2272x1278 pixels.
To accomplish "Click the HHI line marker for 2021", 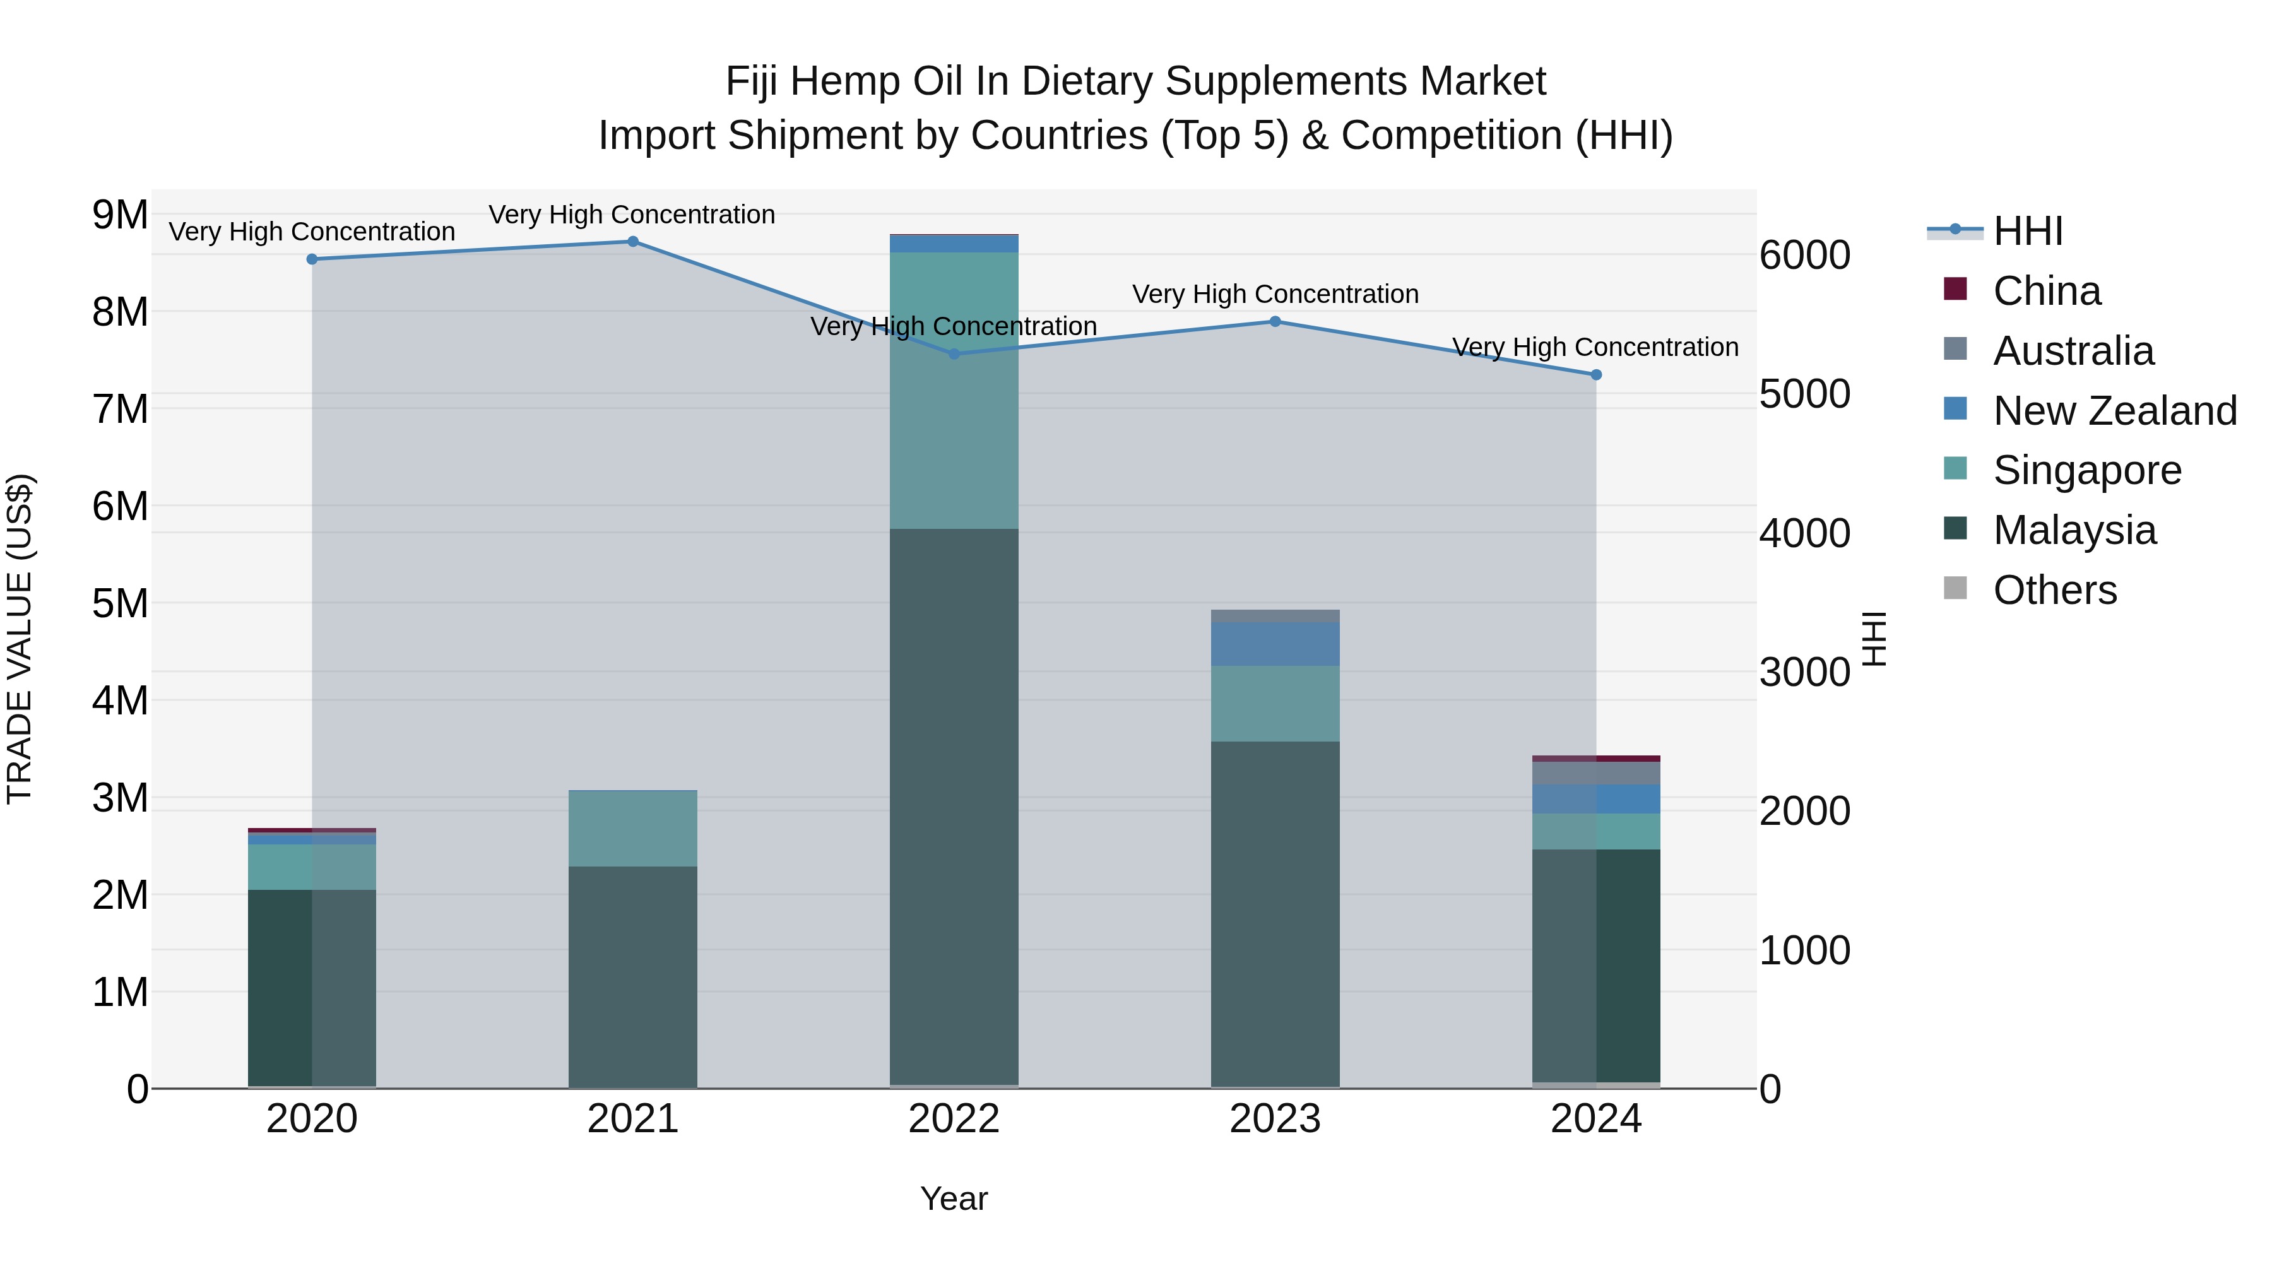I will click(632, 242).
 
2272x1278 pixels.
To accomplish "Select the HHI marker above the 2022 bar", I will click(954, 353).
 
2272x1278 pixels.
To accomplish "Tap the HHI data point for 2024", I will click(1595, 375).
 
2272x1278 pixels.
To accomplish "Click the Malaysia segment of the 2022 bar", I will click(954, 807).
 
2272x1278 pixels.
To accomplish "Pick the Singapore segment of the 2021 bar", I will click(632, 828).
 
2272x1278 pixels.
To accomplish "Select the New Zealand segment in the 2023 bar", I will click(1274, 644).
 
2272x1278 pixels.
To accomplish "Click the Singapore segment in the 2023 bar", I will click(1274, 703).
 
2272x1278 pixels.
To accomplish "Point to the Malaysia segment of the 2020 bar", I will click(311, 988).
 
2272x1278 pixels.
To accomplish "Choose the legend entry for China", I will click(2045, 291).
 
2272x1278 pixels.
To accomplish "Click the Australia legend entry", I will click(2072, 351).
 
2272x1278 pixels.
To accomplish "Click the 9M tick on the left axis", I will click(120, 215).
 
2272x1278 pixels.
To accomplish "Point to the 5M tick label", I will click(120, 604).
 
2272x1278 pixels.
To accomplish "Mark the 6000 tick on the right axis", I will click(1804, 255).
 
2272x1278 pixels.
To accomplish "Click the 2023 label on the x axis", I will click(1274, 1119).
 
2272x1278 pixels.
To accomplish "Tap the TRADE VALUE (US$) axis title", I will click(20, 639).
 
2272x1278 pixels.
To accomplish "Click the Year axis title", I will click(954, 1198).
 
